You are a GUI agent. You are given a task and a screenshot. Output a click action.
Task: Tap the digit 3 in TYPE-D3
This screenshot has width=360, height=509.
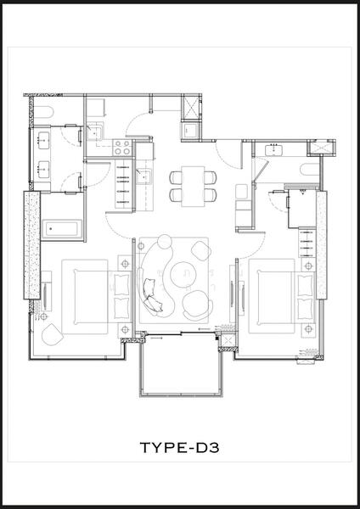(213, 447)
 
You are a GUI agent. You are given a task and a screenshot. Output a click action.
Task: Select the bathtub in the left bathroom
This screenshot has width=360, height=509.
(61, 229)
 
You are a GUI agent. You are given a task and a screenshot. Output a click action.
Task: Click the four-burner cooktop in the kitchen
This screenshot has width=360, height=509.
(122, 148)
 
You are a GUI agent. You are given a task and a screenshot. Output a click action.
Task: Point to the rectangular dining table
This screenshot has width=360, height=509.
(193, 186)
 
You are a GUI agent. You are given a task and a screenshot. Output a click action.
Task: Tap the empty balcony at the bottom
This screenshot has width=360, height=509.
(182, 364)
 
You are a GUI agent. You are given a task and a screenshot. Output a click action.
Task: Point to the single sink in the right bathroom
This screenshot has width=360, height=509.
(274, 149)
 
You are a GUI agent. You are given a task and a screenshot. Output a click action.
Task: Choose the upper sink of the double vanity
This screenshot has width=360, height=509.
(43, 140)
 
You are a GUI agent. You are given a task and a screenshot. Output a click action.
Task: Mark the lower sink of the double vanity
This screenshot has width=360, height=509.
(43, 170)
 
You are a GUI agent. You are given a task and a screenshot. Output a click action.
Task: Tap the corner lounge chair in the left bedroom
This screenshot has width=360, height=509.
(52, 334)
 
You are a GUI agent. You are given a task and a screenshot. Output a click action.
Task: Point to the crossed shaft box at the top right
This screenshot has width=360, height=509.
(321, 148)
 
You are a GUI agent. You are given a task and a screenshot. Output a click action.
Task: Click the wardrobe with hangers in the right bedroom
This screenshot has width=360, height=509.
(307, 243)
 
